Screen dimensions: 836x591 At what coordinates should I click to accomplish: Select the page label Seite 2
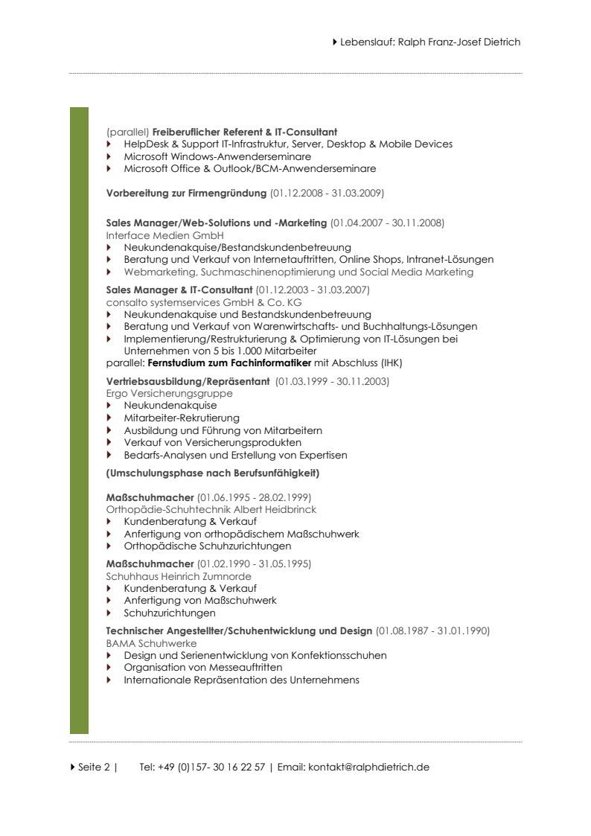(93, 768)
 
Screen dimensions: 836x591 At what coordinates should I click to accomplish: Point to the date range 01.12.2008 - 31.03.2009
(327, 194)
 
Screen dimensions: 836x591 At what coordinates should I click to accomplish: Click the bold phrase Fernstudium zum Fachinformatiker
(229, 363)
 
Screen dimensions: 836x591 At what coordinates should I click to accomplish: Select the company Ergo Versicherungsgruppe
(170, 393)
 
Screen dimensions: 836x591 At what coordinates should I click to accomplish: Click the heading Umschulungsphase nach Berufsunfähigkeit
(213, 473)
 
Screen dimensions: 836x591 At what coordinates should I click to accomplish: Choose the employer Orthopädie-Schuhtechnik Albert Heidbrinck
(211, 509)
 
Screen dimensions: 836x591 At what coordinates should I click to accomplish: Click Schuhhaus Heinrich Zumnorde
(179, 576)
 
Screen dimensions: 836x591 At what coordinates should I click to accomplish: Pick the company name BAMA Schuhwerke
(151, 643)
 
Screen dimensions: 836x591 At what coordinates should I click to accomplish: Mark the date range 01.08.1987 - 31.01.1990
(432, 631)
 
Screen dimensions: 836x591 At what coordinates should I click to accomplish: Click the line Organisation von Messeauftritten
(202, 667)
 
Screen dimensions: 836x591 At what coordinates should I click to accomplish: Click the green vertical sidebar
(79, 421)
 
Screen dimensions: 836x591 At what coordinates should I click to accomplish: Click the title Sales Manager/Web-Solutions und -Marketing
(217, 223)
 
